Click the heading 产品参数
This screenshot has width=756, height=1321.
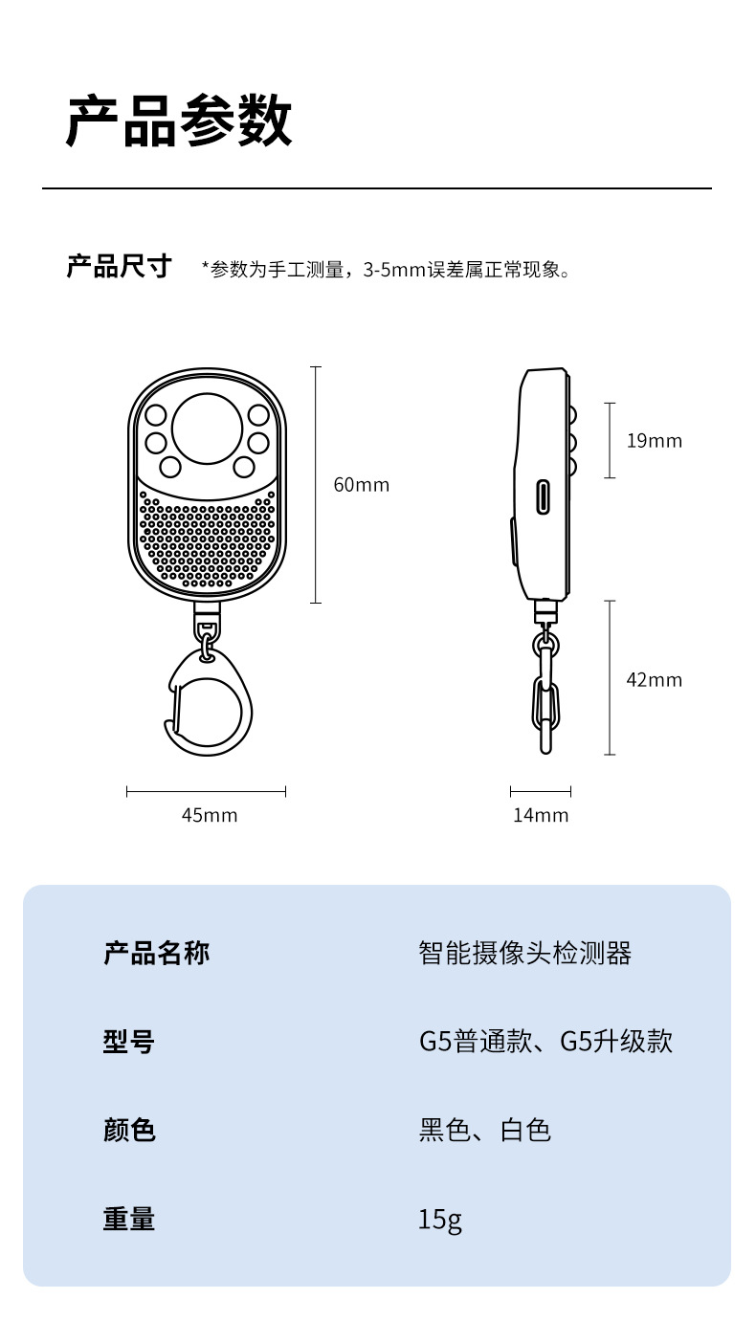click(x=178, y=121)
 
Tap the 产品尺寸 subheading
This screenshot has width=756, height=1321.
click(x=118, y=266)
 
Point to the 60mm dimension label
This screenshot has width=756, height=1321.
click(x=361, y=485)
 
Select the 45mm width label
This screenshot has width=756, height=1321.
click(x=210, y=815)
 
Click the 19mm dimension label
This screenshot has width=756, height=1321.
click(x=655, y=441)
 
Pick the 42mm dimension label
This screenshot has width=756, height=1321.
click(x=655, y=680)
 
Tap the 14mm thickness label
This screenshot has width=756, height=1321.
click(x=541, y=815)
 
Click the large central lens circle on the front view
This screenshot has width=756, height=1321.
click(x=207, y=428)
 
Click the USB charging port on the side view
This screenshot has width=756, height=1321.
click(x=544, y=496)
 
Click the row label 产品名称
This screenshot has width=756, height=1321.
click(x=156, y=953)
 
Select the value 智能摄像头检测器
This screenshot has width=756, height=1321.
click(x=525, y=953)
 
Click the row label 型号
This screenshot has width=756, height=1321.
click(x=129, y=1041)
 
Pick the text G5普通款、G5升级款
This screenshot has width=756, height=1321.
click(x=545, y=1041)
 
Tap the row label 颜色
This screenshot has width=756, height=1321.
click(x=129, y=1130)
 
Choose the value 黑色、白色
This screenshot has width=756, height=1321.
click(x=485, y=1130)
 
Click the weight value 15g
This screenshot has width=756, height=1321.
click(x=440, y=1220)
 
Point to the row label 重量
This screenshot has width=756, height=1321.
click(x=129, y=1219)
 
